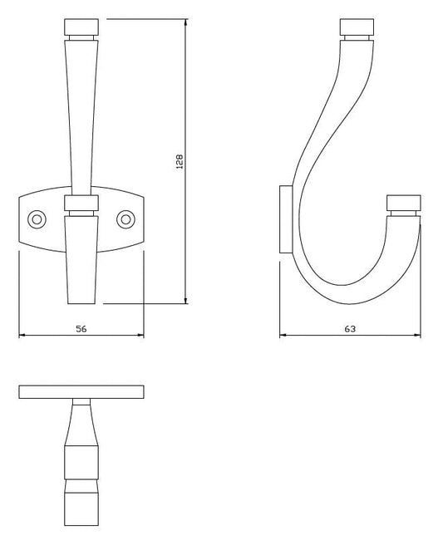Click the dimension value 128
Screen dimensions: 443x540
point(180,161)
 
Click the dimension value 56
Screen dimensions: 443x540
point(81,329)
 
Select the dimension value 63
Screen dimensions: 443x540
point(350,329)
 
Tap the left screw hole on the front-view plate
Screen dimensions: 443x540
point(37,219)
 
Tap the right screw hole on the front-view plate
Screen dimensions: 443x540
point(126,219)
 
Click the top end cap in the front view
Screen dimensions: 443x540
point(81,27)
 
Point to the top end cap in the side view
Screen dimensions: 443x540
point(357,27)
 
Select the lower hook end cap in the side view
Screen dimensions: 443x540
point(404,203)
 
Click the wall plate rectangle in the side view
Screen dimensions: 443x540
point(286,219)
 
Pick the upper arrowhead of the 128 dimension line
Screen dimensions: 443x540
point(186,22)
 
